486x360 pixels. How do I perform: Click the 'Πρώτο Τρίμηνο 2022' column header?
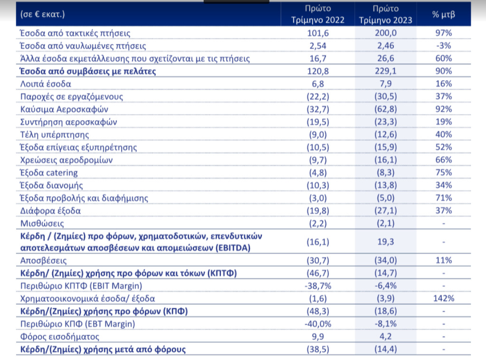pos(318,14)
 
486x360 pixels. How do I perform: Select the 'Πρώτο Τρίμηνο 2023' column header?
pos(386,14)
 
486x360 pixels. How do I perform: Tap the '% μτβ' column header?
pos(444,14)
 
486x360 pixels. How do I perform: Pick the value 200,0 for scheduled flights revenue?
pos(386,33)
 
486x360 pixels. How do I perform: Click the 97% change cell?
pos(444,33)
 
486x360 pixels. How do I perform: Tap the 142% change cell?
pos(444,299)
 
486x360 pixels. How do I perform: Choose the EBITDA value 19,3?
pos(386,242)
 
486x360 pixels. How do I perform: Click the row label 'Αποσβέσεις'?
pos(43,261)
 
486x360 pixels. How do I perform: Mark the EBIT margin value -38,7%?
pos(318,286)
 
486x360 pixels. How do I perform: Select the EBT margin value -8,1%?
pos(386,324)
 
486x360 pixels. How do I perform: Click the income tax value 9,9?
pos(318,337)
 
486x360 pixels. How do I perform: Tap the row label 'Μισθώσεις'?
pos(42,223)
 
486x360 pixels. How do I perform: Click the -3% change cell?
pos(444,46)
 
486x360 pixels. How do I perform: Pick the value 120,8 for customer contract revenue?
pos(318,71)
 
